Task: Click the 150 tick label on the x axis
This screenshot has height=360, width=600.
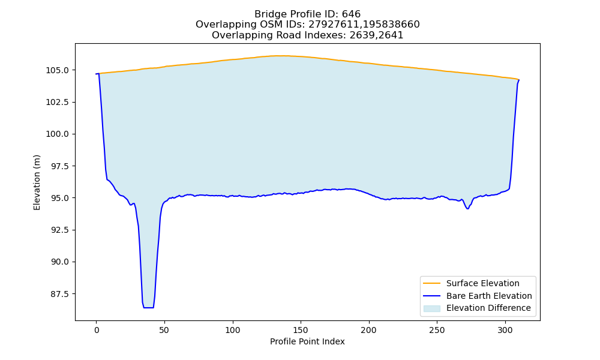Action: click(x=301, y=330)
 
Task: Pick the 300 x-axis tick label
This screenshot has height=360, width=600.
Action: click(x=505, y=330)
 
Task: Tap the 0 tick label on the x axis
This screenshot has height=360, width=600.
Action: click(x=96, y=330)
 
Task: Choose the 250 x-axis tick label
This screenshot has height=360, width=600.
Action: click(x=437, y=330)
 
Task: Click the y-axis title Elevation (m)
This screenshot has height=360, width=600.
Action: click(x=37, y=182)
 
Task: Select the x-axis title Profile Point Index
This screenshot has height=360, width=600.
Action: click(x=307, y=341)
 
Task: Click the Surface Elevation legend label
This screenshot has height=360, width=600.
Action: click(x=483, y=283)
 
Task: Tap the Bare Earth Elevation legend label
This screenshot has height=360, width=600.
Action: click(x=489, y=296)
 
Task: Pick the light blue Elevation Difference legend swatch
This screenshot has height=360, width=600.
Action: click(x=431, y=308)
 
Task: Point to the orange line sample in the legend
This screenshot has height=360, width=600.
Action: click(x=431, y=283)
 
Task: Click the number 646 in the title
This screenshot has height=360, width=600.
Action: click(x=351, y=14)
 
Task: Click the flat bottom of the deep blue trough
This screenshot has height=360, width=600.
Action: click(x=148, y=308)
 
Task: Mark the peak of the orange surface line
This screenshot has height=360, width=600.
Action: click(x=281, y=56)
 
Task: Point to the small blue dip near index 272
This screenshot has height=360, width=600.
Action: click(x=467, y=208)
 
